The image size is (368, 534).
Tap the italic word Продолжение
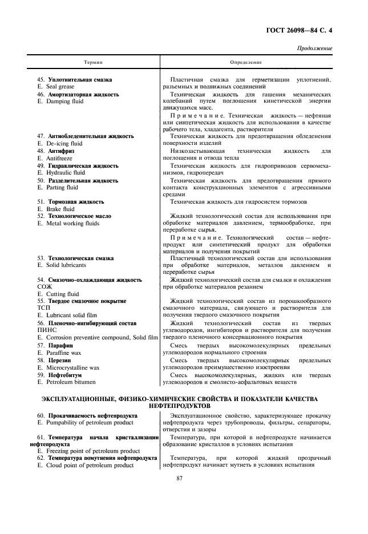314,48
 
